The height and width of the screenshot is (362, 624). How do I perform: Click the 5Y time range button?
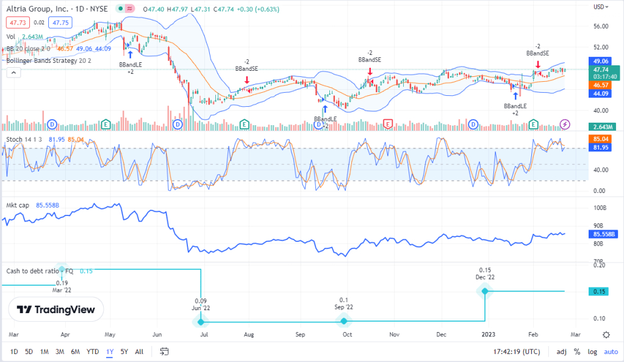pyautogui.click(x=124, y=352)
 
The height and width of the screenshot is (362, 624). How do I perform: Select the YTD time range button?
pyautogui.click(x=93, y=352)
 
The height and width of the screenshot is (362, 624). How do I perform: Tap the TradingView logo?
pyautogui.click(x=56, y=310)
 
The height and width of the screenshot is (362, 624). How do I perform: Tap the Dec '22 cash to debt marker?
pyautogui.click(x=485, y=291)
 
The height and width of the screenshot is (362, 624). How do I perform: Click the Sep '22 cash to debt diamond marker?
pyautogui.click(x=344, y=321)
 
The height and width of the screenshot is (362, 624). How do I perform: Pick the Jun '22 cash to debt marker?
pyautogui.click(x=201, y=321)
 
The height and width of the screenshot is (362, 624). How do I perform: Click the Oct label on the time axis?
pyautogui.click(x=346, y=335)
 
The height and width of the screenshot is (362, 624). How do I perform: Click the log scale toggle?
pyautogui.click(x=592, y=352)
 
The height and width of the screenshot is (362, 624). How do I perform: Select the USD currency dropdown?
pyautogui.click(x=601, y=7)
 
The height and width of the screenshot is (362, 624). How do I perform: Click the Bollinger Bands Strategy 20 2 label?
pyautogui.click(x=48, y=60)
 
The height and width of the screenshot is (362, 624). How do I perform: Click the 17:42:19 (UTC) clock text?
pyautogui.click(x=517, y=352)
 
